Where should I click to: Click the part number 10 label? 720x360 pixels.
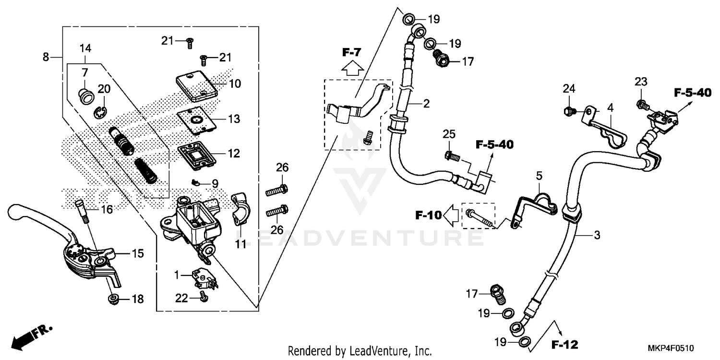point(235,84)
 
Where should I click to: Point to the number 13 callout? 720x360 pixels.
point(234,119)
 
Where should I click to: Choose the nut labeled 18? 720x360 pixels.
point(113,300)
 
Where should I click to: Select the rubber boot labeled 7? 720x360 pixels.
point(87,95)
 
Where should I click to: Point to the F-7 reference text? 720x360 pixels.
point(351,52)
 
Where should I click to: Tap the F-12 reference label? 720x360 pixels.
point(564,344)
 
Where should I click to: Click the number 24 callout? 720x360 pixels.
point(569,88)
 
